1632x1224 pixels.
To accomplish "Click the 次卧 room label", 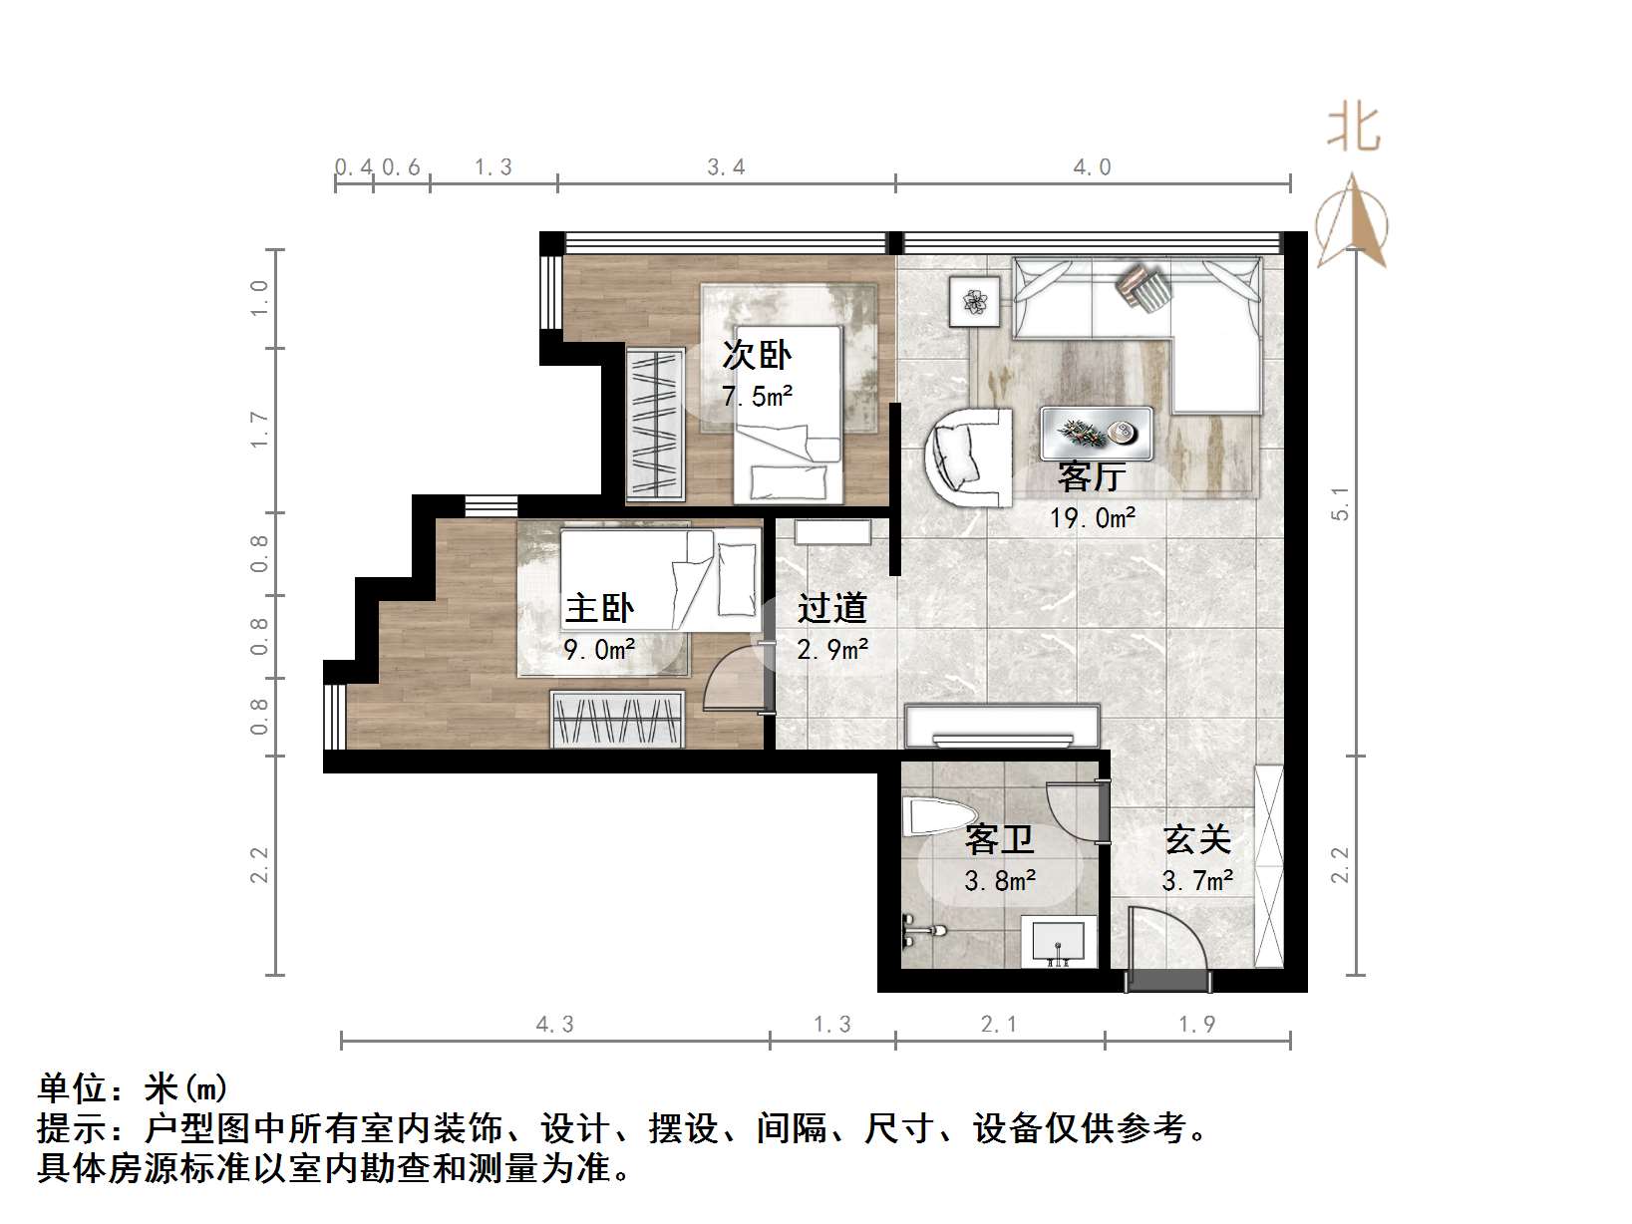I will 757,355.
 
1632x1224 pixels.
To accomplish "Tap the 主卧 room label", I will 599,608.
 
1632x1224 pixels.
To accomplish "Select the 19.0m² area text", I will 1093,518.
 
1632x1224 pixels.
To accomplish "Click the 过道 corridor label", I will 832,608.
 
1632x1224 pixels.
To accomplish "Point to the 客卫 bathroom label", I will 999,839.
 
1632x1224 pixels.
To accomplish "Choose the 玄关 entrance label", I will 1197,839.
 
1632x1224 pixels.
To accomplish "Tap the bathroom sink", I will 1059,940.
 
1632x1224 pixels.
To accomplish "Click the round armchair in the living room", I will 967,457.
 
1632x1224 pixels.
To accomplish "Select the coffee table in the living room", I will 1097,434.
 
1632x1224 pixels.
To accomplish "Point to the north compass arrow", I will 1353,221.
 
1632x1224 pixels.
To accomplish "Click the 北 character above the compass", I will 1353,129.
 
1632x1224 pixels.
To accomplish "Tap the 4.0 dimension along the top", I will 1092,167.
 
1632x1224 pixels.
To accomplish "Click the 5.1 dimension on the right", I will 1341,503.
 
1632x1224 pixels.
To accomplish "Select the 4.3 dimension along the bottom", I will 555,1025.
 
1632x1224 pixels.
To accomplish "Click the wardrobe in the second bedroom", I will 655,424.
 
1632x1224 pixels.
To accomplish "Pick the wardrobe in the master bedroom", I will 618,719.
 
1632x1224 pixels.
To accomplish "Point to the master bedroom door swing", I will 733,681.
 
